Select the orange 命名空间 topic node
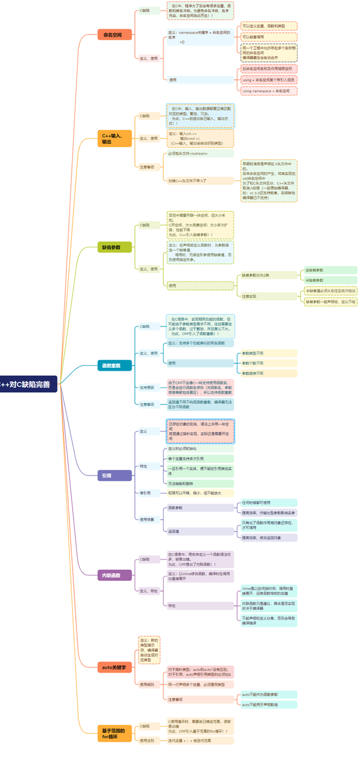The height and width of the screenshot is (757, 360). pyautogui.click(x=114, y=34)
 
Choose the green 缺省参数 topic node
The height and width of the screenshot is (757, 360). pyautogui.click(x=114, y=247)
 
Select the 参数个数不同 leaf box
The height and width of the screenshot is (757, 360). pyautogui.click(x=268, y=363)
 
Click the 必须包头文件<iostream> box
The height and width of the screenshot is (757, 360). pyautogui.click(x=200, y=154)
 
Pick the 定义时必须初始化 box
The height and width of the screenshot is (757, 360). pyautogui.click(x=200, y=449)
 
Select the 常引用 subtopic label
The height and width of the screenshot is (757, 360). pyautogui.click(x=145, y=493)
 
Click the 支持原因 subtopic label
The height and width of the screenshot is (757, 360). pyautogui.click(x=147, y=387)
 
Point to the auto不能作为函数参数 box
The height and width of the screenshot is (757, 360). pyautogui.click(x=267, y=695)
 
